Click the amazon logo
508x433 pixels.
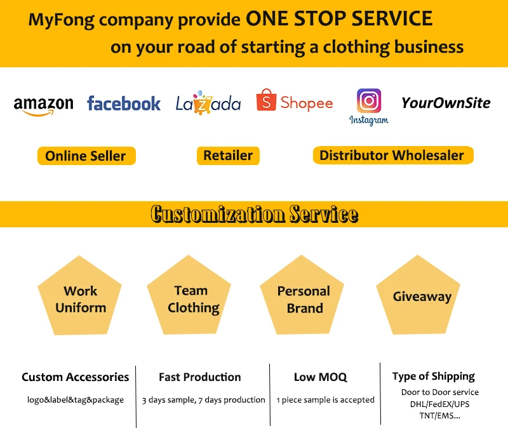click(43, 105)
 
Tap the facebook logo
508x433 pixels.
click(124, 103)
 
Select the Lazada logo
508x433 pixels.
click(208, 104)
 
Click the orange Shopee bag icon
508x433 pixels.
click(266, 101)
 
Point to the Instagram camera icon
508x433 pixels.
click(369, 101)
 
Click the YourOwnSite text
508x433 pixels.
click(446, 103)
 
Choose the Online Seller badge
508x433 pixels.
click(86, 156)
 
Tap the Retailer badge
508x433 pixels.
click(228, 156)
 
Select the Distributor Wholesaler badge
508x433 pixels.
click(392, 156)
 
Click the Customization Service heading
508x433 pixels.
click(254, 214)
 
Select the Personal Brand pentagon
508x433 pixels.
click(304, 298)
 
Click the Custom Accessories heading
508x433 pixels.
click(75, 377)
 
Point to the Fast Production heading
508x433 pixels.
click(200, 377)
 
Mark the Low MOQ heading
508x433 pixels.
click(321, 377)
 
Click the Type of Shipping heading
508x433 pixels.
click(433, 376)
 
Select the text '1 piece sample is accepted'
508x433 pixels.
click(326, 400)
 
